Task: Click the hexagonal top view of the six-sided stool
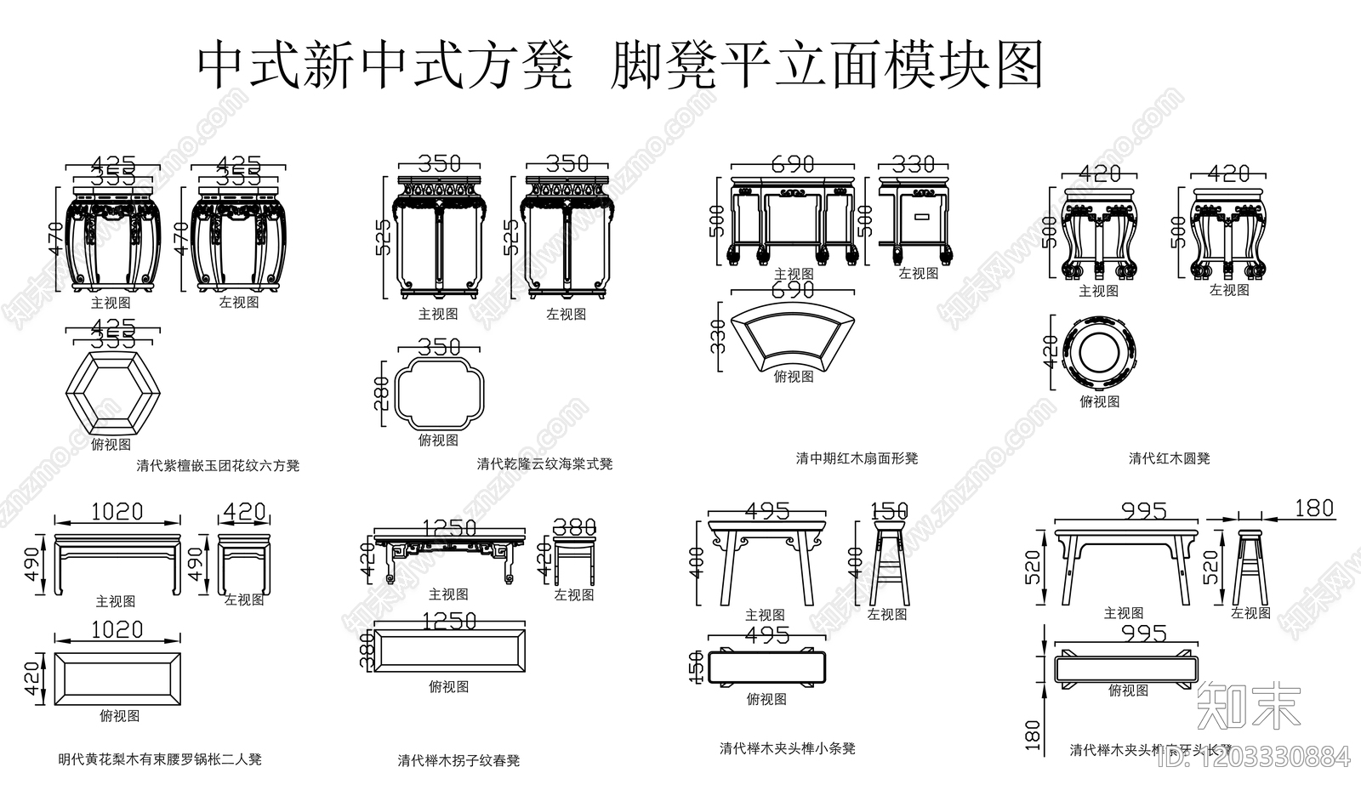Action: [x=112, y=395]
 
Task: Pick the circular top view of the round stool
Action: [x=1098, y=351]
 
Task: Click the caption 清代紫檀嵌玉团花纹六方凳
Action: [x=218, y=466]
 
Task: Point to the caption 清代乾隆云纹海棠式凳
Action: [x=544, y=464]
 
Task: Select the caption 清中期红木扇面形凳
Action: [x=857, y=458]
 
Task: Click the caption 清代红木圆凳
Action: [x=1169, y=458]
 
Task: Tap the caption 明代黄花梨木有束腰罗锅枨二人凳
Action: [x=160, y=759]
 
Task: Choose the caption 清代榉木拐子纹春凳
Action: [x=458, y=761]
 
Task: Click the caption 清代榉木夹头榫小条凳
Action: [x=787, y=749]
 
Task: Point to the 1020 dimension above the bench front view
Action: [x=117, y=512]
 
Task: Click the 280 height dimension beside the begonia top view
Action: [x=383, y=394]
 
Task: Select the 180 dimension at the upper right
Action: [x=1313, y=509]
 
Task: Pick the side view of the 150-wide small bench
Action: [x=888, y=566]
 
